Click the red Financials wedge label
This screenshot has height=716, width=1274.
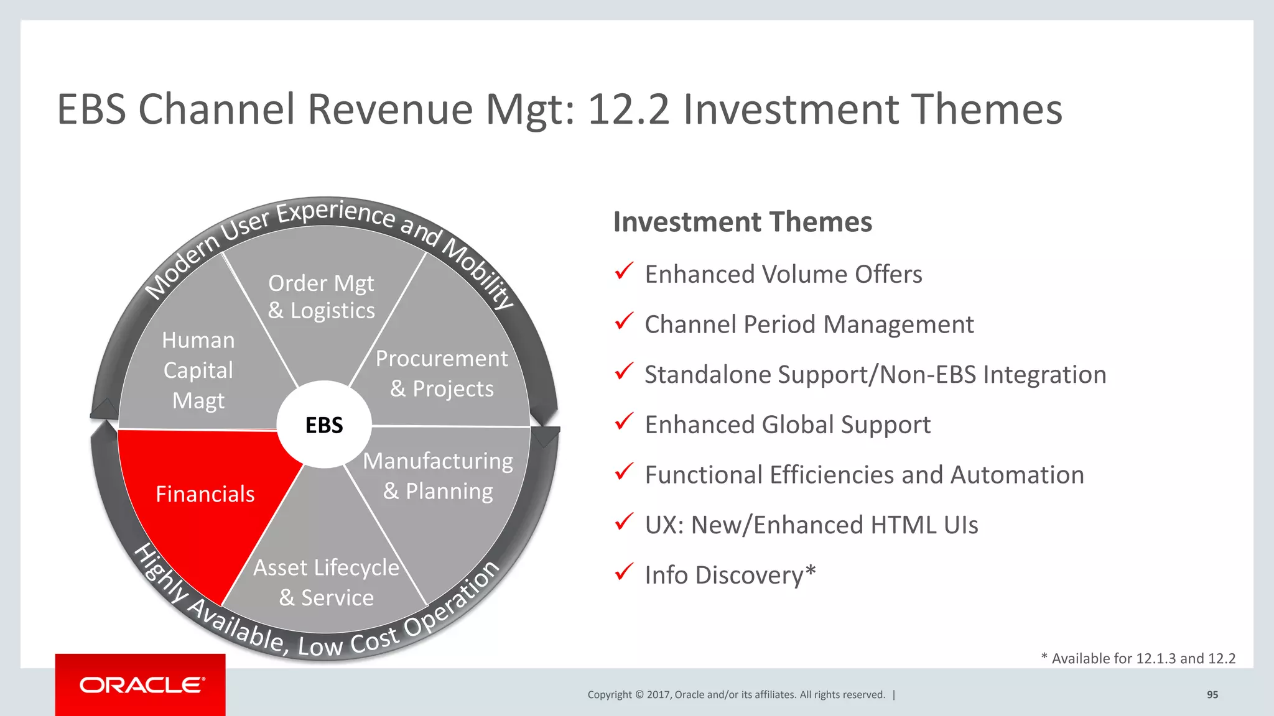pos(205,494)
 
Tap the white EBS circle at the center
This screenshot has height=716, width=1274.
pos(324,425)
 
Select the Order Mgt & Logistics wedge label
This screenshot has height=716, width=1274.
pos(321,297)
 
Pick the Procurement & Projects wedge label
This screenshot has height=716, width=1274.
pos(442,374)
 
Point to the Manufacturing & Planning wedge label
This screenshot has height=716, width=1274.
pos(438,476)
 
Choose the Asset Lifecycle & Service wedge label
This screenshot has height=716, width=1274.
pos(326,582)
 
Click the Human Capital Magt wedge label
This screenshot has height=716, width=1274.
pos(198,370)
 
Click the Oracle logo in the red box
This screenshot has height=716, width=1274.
pos(141,685)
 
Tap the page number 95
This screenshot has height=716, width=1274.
pos(1212,695)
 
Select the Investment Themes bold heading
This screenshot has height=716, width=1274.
pos(742,222)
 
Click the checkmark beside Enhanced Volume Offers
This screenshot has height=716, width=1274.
pos(624,271)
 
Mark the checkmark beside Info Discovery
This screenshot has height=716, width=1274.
pos(624,571)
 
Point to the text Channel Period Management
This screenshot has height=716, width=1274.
pos(809,324)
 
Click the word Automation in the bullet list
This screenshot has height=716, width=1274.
pos(1017,475)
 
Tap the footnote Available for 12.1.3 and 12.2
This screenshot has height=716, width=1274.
pos(1138,659)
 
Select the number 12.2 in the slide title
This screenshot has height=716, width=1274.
pos(628,109)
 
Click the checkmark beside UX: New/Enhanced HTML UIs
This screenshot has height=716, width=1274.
pos(624,521)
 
